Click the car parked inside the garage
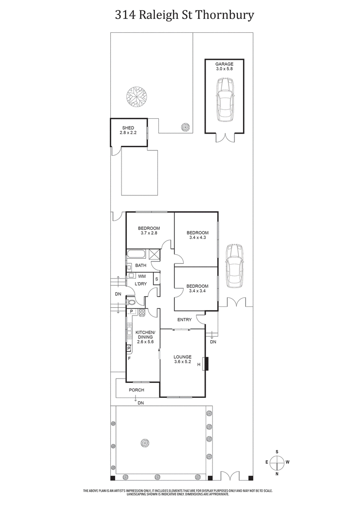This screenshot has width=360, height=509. coord(225,99)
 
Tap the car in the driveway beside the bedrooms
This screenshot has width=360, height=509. coord(234,266)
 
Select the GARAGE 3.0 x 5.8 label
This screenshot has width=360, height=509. coord(225,67)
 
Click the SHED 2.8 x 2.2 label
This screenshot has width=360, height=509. coord(128,131)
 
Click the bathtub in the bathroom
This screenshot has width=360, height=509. coord(136,254)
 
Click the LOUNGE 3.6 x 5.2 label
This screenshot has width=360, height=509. coord(183,359)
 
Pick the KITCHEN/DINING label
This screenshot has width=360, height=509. coord(144,337)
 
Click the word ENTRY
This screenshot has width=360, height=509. coord(184,320)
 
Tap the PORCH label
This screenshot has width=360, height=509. coord(136,390)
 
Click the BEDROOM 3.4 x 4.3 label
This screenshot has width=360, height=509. coord(196,235)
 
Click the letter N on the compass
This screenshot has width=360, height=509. coord(277,474)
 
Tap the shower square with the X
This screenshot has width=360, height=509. coord(154,254)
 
